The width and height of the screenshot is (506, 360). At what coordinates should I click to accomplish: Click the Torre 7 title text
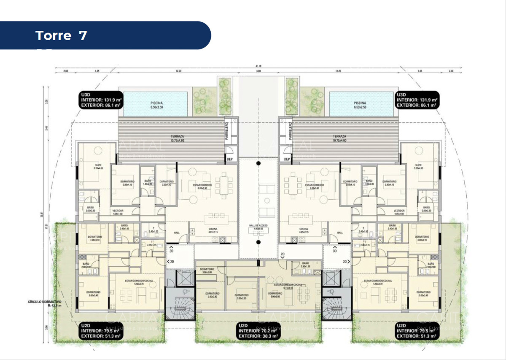62,35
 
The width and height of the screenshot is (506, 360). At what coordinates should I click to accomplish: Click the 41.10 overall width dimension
258,66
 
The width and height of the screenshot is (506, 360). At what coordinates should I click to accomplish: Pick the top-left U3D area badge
100,100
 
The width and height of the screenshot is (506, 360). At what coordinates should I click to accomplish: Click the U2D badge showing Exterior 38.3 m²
258,331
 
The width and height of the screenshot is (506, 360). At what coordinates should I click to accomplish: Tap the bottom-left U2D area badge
100,331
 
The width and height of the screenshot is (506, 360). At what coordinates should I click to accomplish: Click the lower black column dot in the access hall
258,242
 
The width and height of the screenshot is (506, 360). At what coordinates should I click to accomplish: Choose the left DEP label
230,159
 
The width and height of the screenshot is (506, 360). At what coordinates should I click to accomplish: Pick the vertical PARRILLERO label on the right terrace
290,131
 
